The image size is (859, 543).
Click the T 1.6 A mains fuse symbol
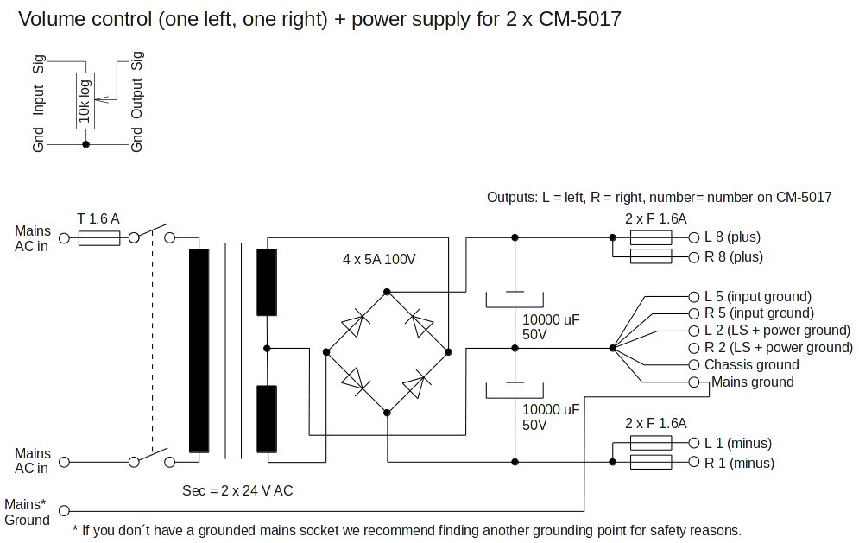pyautogui.click(x=99, y=237)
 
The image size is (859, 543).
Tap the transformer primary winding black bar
pyautogui.click(x=199, y=350)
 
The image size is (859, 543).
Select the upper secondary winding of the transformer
pyautogui.click(x=266, y=282)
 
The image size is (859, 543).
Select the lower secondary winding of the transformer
pyautogui.click(x=266, y=419)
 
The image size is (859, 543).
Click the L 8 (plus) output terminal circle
pyautogui.click(x=694, y=237)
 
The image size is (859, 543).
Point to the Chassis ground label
pyautogui.click(x=751, y=365)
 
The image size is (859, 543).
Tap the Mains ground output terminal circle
pyautogui.click(x=694, y=382)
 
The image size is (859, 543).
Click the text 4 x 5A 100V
pyautogui.click(x=379, y=259)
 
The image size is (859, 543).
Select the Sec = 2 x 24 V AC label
pyautogui.click(x=237, y=490)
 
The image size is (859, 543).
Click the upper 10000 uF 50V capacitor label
pyautogui.click(x=551, y=326)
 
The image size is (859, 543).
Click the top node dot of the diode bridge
pyautogui.click(x=387, y=292)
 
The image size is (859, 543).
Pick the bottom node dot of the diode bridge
pyautogui.click(x=387, y=413)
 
